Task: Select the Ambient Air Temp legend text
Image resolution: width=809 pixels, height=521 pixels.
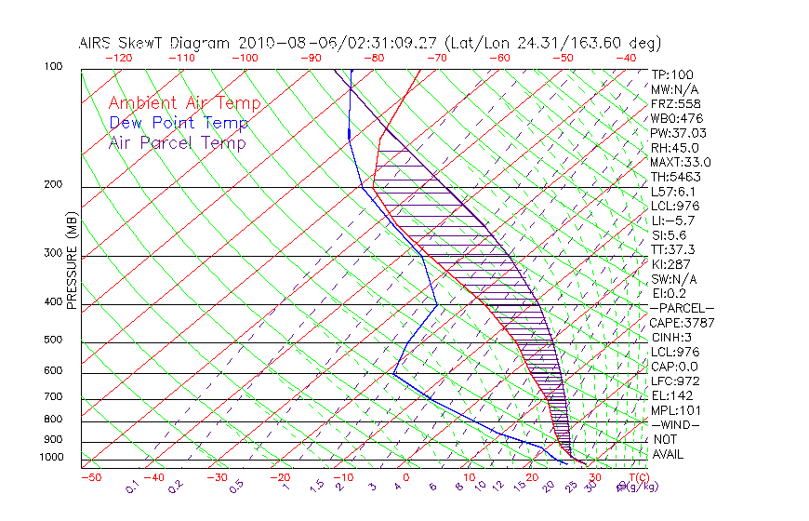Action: pyautogui.click(x=184, y=103)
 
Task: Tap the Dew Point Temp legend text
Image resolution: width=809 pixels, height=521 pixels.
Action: pyautogui.click(x=179, y=123)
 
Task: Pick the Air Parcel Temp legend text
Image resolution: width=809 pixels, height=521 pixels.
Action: pyautogui.click(x=177, y=142)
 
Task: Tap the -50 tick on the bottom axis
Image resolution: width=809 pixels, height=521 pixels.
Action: pyautogui.click(x=90, y=477)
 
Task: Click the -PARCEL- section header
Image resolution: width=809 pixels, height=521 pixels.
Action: pyautogui.click(x=682, y=308)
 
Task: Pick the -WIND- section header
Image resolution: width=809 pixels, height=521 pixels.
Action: pyautogui.click(x=675, y=424)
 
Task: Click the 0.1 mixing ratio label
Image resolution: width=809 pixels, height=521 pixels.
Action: pyautogui.click(x=132, y=486)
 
